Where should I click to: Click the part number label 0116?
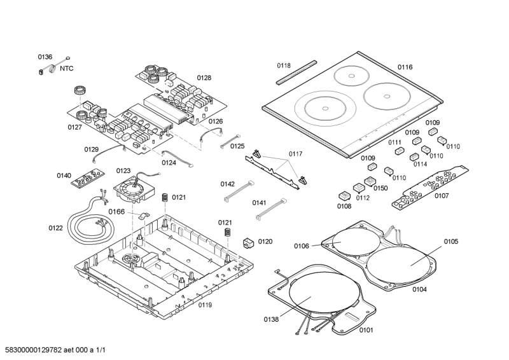pyautogui.click(x=405, y=67)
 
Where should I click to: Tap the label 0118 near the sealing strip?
pyautogui.click(x=283, y=66)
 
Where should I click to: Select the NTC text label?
pyautogui.click(x=67, y=69)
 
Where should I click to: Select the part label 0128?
pyautogui.click(x=204, y=78)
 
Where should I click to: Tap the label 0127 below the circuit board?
pyautogui.click(x=75, y=127)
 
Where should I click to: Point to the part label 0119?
pyautogui.click(x=204, y=305)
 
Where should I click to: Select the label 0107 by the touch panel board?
pyautogui.click(x=442, y=196)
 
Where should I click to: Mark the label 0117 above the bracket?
pyautogui.click(x=295, y=154)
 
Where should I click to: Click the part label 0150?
pyautogui.click(x=380, y=188)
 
